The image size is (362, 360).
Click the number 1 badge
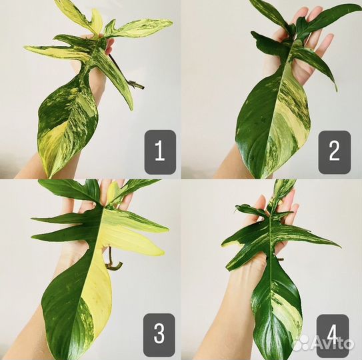160,152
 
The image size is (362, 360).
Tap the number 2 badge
335,152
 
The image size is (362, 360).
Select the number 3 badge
159,335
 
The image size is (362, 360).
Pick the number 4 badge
333,335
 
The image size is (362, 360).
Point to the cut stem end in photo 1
141,87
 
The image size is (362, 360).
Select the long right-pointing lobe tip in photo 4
339,247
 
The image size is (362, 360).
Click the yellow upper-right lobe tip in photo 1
171,21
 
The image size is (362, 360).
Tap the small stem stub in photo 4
280,259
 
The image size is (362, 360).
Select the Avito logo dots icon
301,342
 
